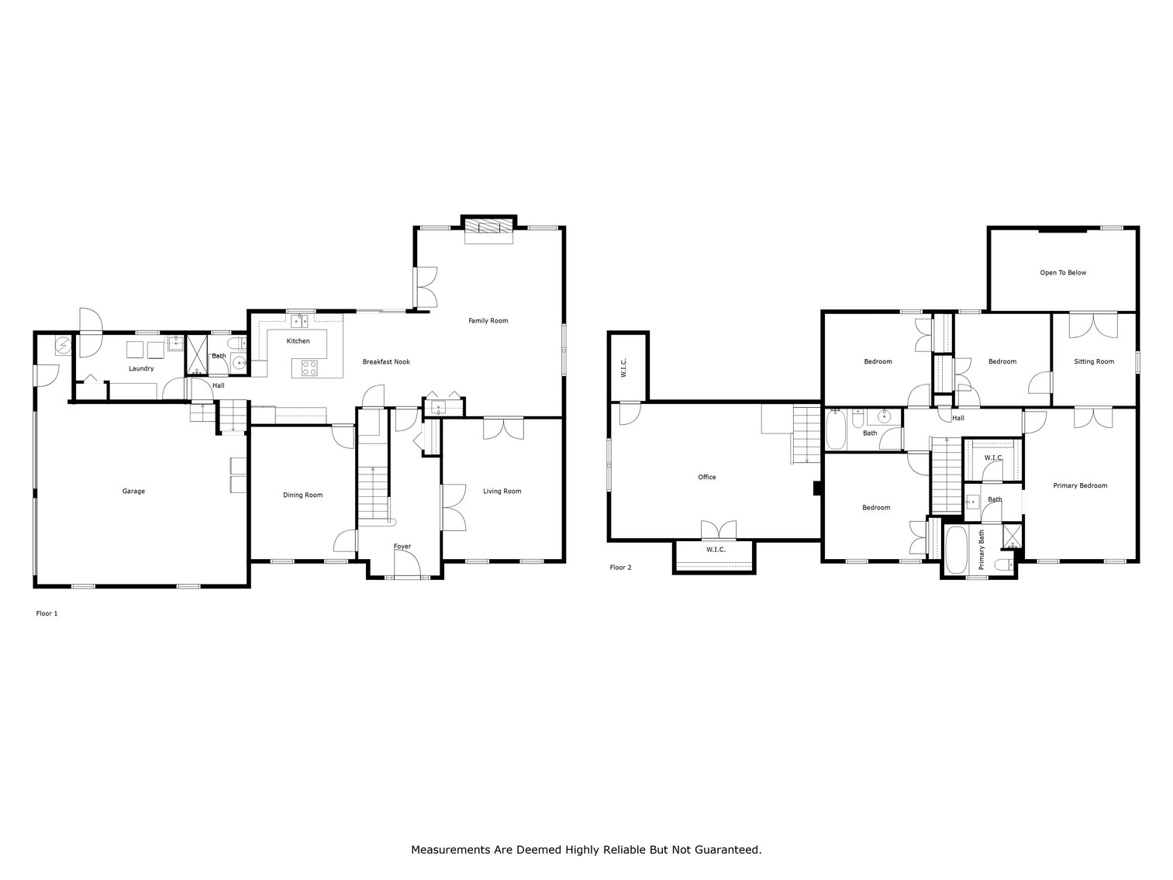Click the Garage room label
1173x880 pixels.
(x=133, y=491)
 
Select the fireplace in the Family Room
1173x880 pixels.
(x=488, y=226)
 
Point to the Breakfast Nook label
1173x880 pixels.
(x=386, y=362)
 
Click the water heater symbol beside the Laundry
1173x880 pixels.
(x=62, y=344)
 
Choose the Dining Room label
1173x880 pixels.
(x=302, y=495)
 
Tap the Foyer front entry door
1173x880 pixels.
(x=407, y=576)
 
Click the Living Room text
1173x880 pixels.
(x=502, y=491)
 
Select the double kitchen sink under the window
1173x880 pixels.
(x=299, y=321)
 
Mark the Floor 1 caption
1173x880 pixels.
(x=47, y=613)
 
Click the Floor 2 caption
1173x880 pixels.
(x=620, y=568)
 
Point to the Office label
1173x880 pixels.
(x=706, y=477)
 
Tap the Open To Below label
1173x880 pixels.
(x=1063, y=273)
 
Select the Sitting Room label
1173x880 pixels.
(x=1093, y=361)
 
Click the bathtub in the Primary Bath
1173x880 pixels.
(x=956, y=550)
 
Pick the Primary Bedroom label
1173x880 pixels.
(x=1080, y=485)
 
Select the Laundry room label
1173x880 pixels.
(x=141, y=368)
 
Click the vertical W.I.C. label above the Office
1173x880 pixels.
(x=623, y=368)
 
